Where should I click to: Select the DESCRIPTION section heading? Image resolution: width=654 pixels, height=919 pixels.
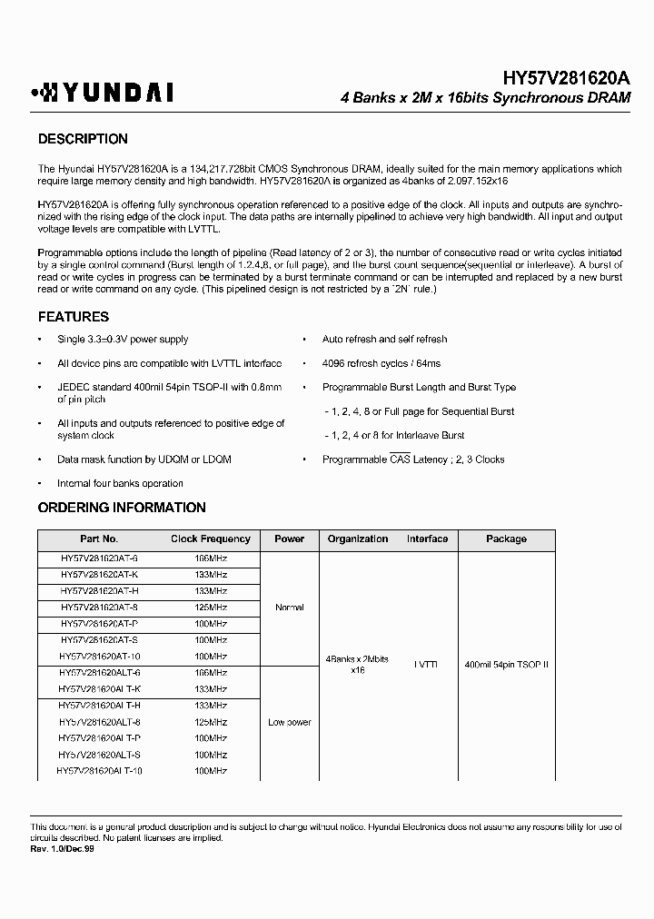click(83, 139)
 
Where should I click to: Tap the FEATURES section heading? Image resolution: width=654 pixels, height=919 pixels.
click(74, 317)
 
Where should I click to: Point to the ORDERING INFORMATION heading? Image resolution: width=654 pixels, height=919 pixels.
click(122, 508)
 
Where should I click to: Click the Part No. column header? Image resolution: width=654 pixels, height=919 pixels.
click(99, 539)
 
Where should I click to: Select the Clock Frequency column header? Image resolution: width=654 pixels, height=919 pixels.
click(211, 539)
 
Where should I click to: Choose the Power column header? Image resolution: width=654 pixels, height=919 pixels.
click(289, 539)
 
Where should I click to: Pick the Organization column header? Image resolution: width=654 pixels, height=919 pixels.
click(357, 539)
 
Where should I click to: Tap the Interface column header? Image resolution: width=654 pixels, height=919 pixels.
click(427, 539)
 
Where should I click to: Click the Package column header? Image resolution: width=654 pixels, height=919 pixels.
click(506, 539)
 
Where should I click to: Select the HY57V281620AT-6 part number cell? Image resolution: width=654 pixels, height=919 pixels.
click(99, 558)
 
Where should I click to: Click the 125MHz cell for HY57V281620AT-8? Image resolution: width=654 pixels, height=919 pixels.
click(211, 608)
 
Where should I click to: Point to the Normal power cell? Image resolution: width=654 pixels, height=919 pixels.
click(289, 608)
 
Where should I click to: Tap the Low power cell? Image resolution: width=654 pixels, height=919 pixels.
click(289, 722)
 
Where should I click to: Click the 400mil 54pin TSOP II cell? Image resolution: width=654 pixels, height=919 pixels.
click(506, 665)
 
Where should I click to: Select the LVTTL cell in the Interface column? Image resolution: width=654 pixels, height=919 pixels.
click(427, 665)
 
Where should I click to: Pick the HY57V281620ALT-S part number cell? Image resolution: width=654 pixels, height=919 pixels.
click(99, 755)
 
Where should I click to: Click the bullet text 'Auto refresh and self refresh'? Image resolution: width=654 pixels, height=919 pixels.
click(384, 340)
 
